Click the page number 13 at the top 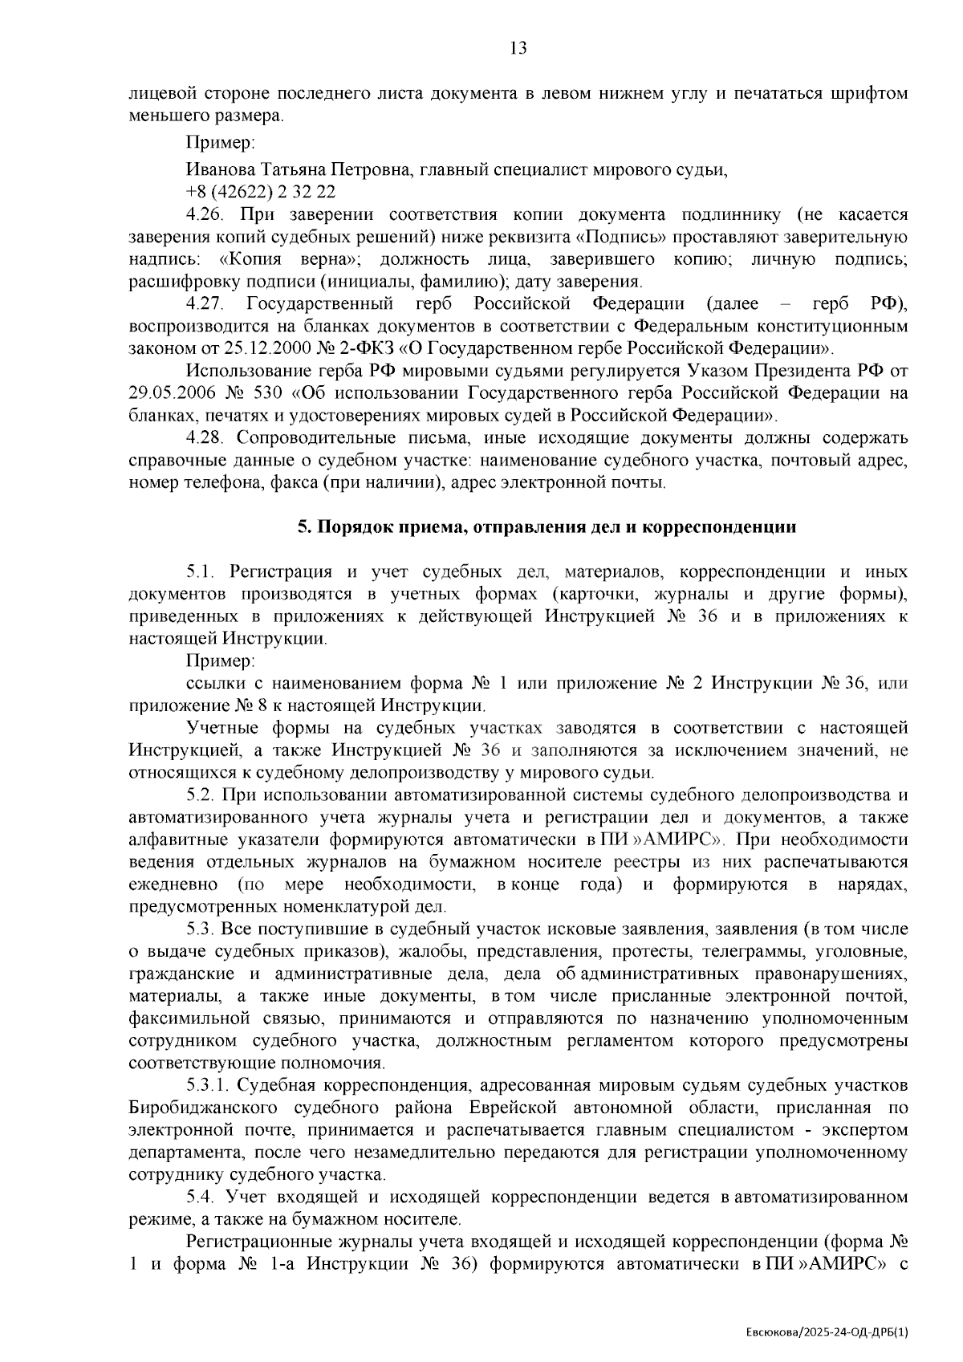[x=518, y=48]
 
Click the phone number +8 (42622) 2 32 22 [x=261, y=193]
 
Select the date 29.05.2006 [x=173, y=393]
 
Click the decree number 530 [x=274, y=393]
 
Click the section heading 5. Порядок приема [x=547, y=527]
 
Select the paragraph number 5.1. [x=200, y=572]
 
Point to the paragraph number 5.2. [x=200, y=795]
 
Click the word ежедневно [x=173, y=884]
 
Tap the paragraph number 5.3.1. [x=209, y=1086]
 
